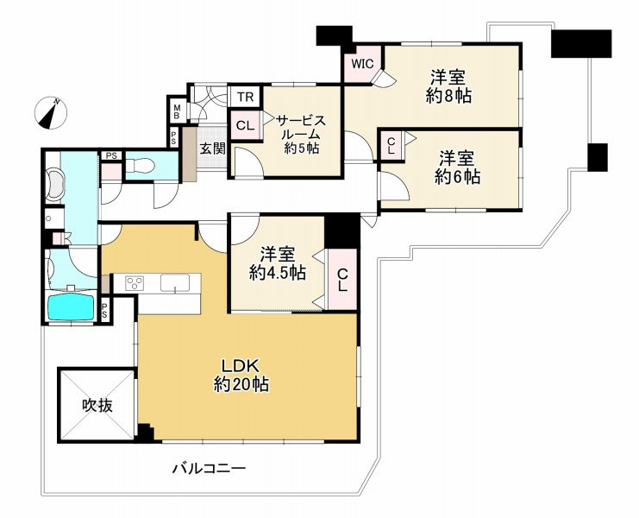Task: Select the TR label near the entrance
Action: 244,97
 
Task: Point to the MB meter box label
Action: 176,111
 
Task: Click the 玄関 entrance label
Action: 213,148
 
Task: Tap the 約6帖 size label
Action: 457,177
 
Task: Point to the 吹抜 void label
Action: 96,405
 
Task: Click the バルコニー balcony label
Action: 209,469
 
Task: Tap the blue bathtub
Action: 72,306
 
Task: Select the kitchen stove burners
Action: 135,282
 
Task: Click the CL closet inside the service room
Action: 245,126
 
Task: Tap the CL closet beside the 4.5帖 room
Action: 342,280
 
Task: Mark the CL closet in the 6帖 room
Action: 391,145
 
